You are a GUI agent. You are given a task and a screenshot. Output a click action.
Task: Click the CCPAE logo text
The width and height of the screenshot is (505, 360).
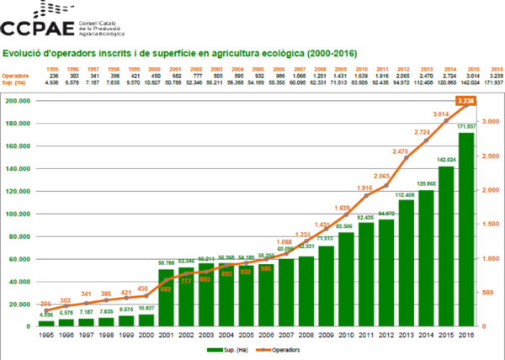click(x=38, y=28)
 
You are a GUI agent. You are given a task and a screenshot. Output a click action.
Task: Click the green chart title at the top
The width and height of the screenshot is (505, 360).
click(x=180, y=54)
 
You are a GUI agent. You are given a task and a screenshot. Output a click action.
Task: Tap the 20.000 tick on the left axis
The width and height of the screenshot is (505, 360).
click(x=19, y=303)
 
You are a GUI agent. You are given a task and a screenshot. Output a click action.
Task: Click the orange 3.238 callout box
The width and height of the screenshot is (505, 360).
click(x=467, y=100)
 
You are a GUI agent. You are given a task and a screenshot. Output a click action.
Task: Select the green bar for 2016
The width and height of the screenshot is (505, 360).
click(x=467, y=227)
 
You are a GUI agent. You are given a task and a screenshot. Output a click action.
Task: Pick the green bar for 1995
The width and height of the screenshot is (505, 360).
click(x=45, y=322)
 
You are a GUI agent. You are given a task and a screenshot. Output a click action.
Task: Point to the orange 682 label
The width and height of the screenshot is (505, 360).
click(x=166, y=289)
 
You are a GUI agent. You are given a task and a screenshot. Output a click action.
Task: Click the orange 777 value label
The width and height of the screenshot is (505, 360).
click(x=186, y=282)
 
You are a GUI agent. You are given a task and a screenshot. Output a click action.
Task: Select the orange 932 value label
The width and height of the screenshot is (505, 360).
click(x=247, y=272)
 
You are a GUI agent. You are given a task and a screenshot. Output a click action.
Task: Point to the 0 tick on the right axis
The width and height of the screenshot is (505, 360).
click(x=483, y=326)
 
